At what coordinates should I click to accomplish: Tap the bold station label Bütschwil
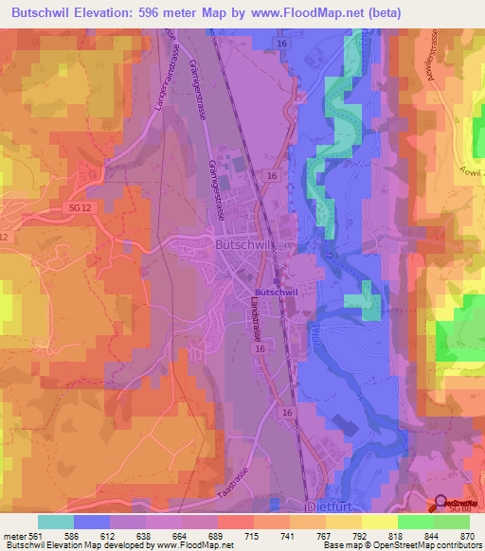(275, 293)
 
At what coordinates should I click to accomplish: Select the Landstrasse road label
(256, 329)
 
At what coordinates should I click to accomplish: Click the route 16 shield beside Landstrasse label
(259, 350)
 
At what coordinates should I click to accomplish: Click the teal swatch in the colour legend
(56, 521)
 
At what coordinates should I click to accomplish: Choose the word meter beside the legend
(16, 534)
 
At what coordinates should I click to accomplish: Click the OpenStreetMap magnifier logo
(441, 505)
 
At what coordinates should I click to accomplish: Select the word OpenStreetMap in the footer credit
(395, 545)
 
